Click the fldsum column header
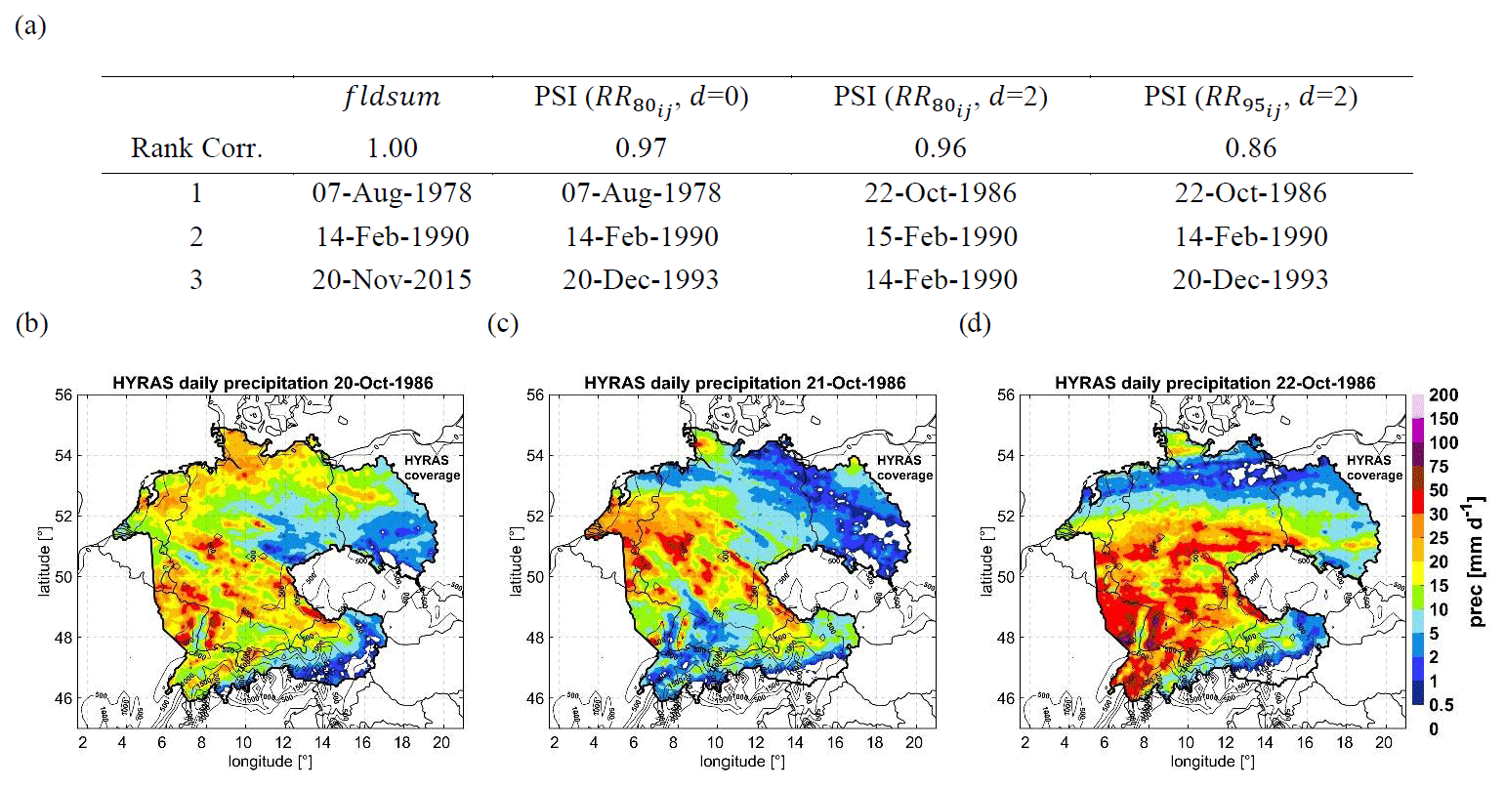[392, 98]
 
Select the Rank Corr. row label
[197, 148]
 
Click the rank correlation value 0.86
[1250, 148]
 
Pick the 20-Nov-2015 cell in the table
[392, 280]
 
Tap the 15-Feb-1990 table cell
[941, 237]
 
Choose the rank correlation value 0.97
[641, 148]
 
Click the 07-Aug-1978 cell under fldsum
[392, 193]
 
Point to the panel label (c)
[502, 325]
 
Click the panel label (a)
[31, 26]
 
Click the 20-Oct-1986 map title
[272, 383]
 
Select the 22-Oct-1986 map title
[1215, 383]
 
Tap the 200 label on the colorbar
[1443, 395]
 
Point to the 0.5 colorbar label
[1441, 705]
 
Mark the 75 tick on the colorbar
[1439, 467]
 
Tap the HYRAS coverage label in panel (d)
[1374, 468]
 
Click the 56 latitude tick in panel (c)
[535, 395]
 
